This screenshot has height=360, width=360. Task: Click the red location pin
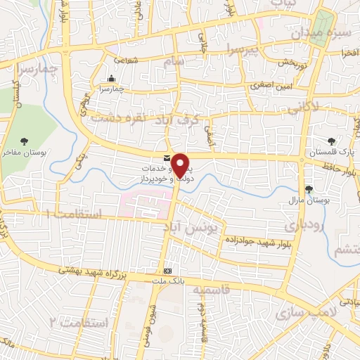pos(181,165)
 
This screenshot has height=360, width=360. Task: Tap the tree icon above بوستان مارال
pos(309,188)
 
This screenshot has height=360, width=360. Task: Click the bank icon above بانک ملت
pos(167,271)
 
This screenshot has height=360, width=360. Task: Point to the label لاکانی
pos(302,107)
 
